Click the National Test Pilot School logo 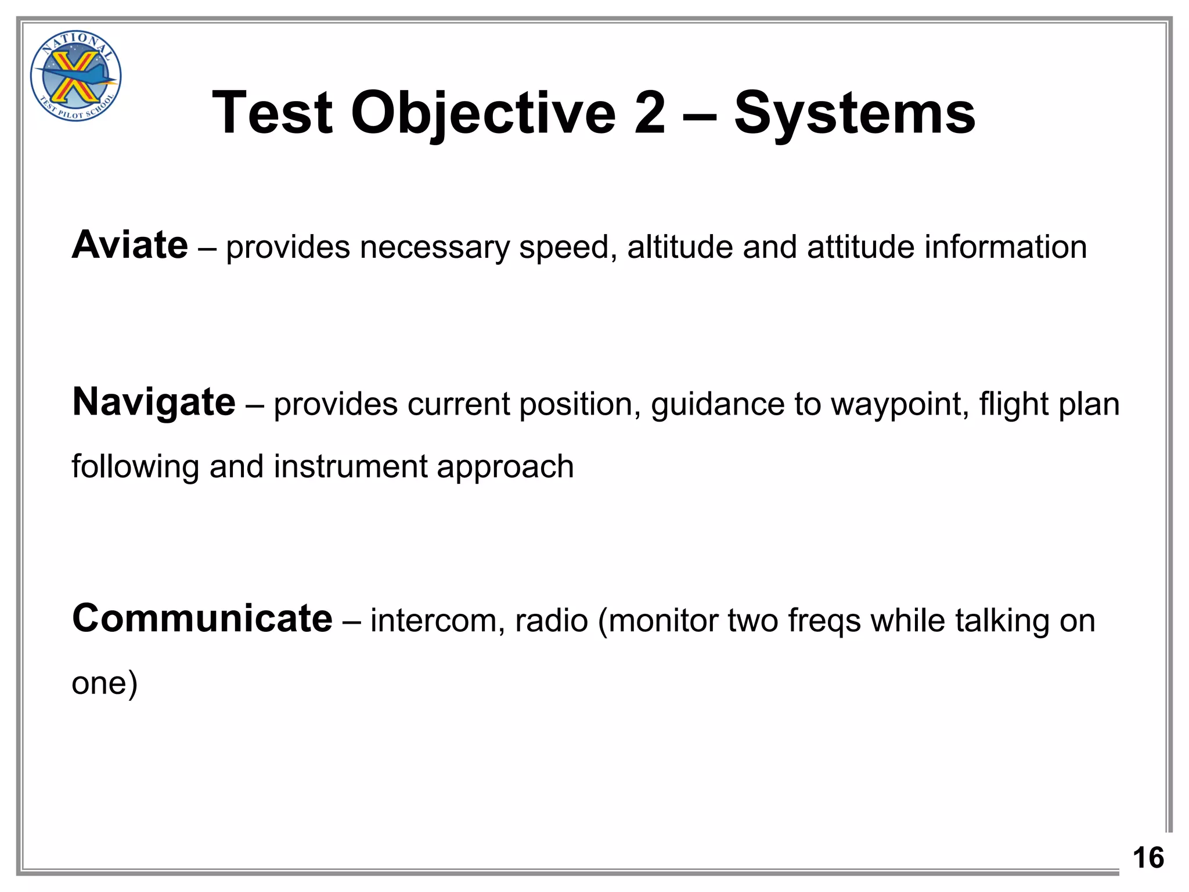coord(75,76)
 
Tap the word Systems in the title coord(855,113)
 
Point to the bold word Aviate coord(130,245)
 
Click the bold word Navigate coord(154,402)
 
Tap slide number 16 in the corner coord(1148,858)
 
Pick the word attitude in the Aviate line coord(860,247)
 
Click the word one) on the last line coord(105,683)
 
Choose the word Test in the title coord(273,113)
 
